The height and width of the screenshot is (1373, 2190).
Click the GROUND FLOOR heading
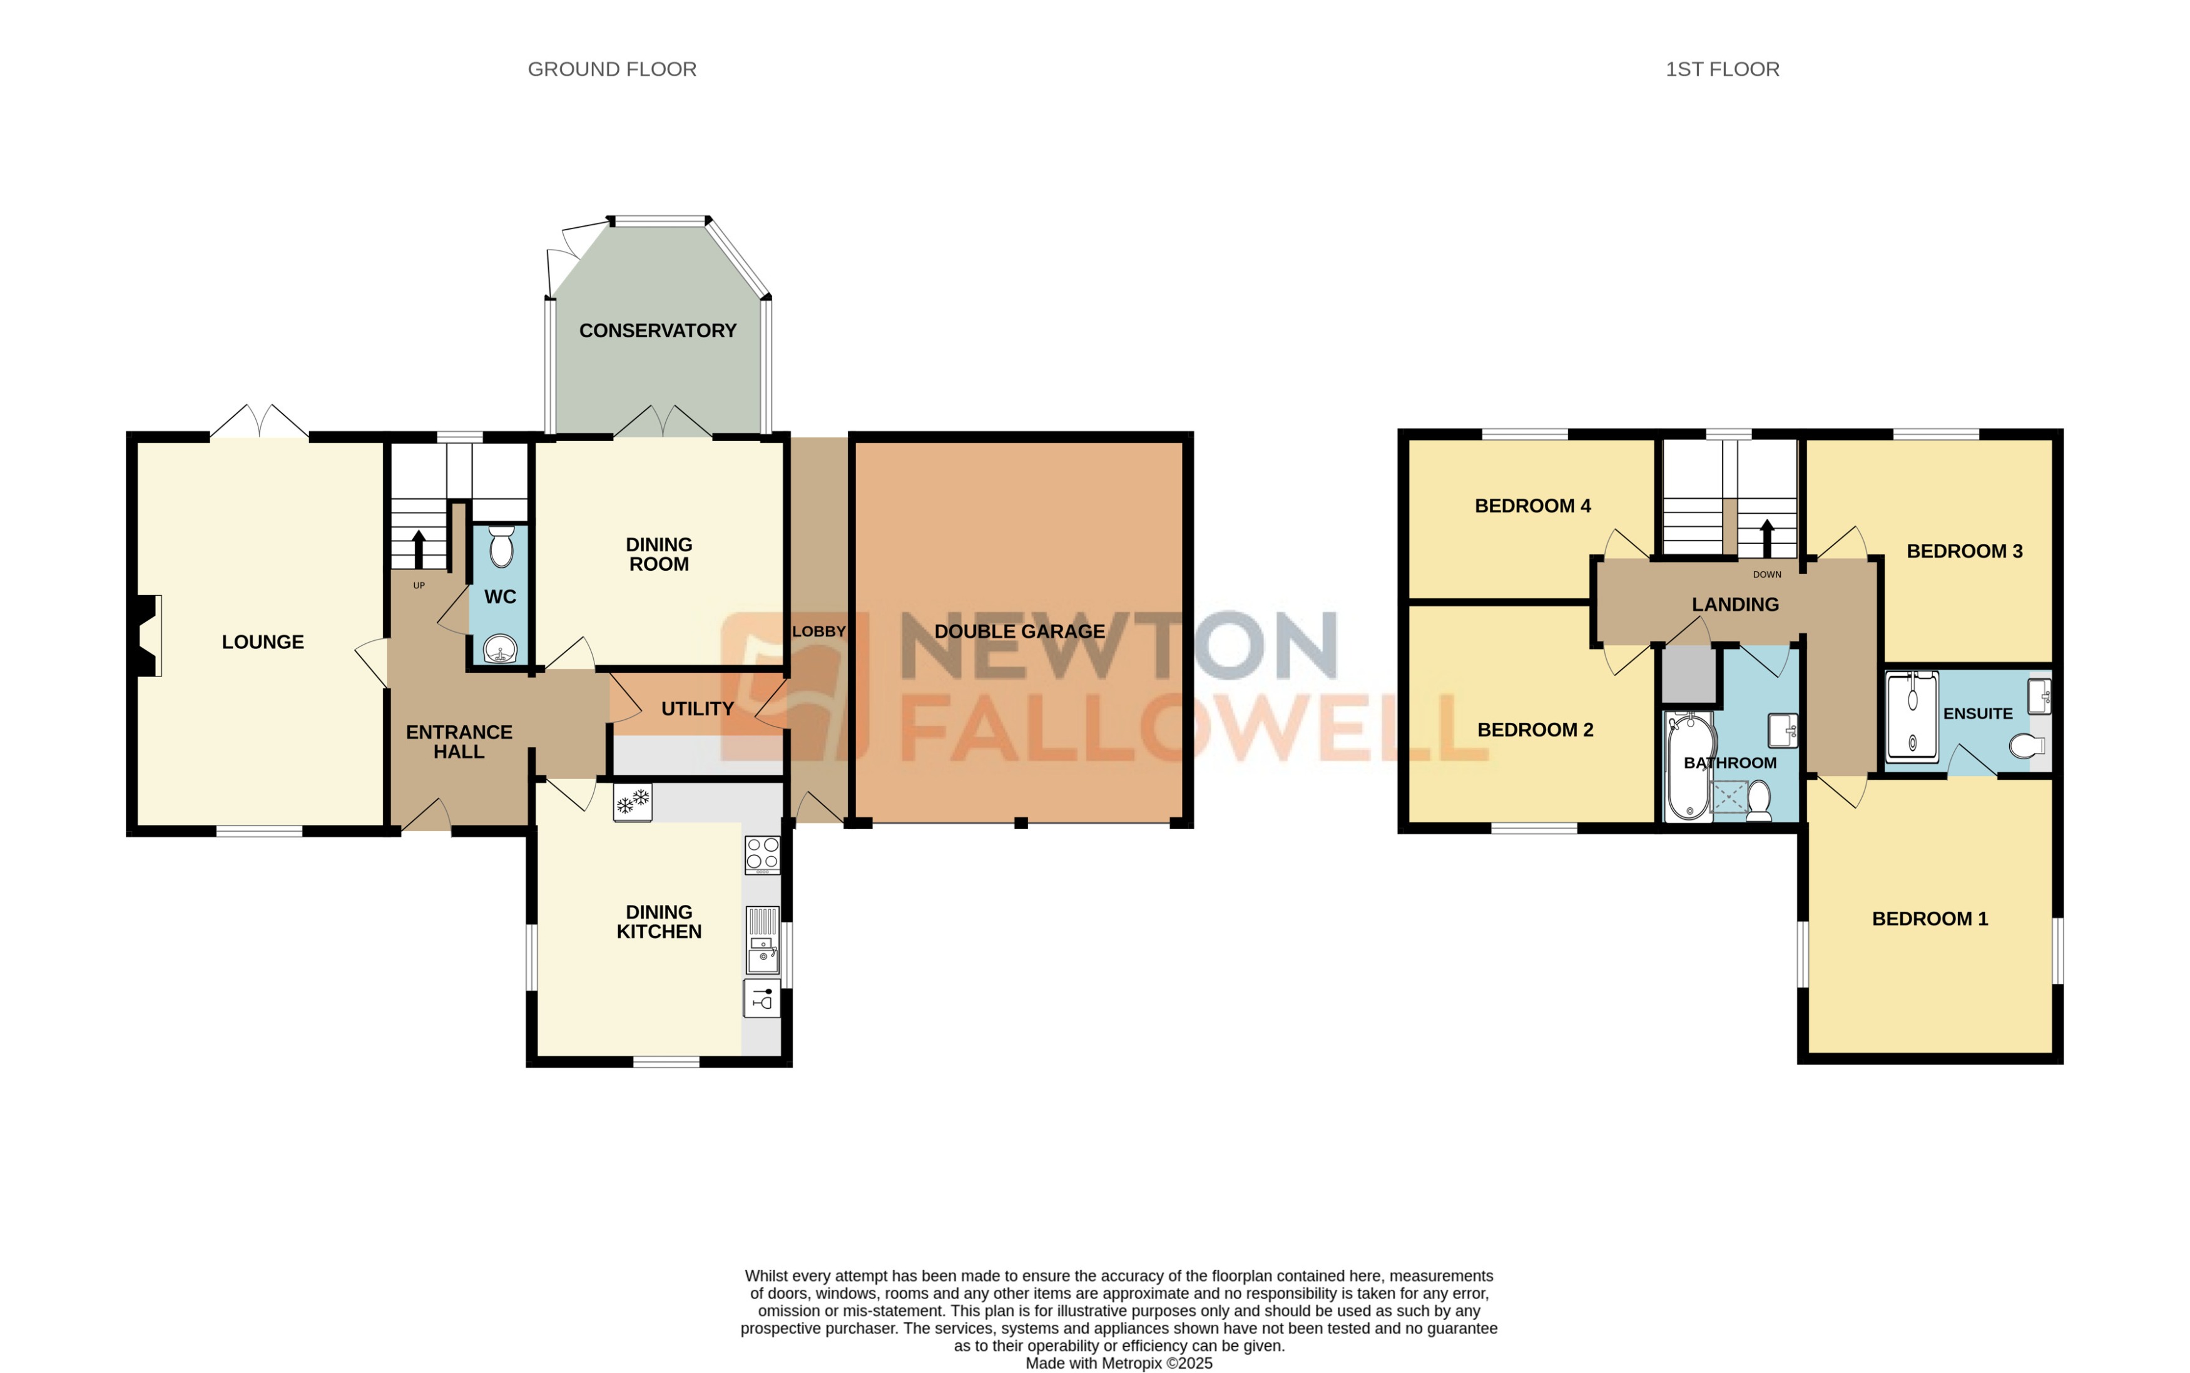pos(612,69)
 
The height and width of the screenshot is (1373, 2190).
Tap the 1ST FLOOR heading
pos(1721,69)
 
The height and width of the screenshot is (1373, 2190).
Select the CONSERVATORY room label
pos(658,330)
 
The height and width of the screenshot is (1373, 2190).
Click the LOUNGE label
pos(262,642)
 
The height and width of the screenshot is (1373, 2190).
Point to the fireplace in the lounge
pos(148,636)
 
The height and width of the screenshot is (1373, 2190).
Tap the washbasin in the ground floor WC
pos(499,650)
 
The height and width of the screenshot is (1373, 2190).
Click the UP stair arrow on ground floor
pos(419,548)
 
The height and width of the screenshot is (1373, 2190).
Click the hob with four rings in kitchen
pos(761,854)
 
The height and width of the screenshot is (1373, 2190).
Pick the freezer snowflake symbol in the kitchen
pos(632,802)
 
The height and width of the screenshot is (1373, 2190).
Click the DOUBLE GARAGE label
pos(1019,631)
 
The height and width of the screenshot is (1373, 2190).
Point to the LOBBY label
pos(818,631)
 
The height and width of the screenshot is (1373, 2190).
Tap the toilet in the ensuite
pos(2027,745)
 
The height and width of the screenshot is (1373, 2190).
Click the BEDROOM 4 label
pos(1532,506)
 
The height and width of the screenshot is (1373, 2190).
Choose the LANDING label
pos(1734,605)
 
